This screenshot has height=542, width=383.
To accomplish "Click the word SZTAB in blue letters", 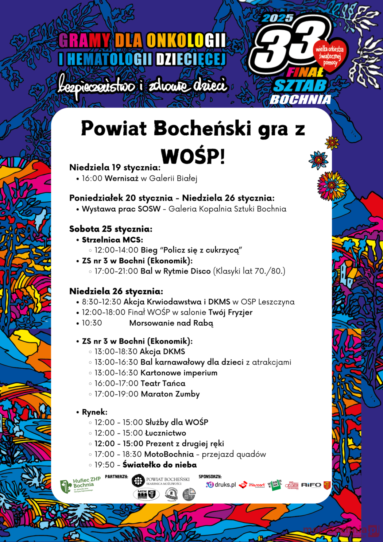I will (x=300, y=86).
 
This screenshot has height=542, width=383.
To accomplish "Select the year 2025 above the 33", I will (x=278, y=18).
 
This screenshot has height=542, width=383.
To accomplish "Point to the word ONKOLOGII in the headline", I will (x=186, y=40).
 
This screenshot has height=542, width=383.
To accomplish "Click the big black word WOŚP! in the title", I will (x=193, y=156).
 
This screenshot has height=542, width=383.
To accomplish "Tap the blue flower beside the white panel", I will (x=318, y=159).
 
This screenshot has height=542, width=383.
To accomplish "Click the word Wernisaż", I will (x=121, y=178).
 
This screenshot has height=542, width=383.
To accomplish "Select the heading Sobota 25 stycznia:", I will (x=111, y=229).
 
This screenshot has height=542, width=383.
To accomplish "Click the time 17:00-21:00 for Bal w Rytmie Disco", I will (x=116, y=271).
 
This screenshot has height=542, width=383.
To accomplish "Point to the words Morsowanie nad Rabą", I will (x=171, y=323).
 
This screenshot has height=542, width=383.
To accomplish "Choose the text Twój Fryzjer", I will (x=230, y=312).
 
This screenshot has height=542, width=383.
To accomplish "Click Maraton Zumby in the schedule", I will (x=170, y=394).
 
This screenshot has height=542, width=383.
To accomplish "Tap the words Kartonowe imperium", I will (x=179, y=373).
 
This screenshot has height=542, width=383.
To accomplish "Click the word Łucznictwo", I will (x=166, y=433).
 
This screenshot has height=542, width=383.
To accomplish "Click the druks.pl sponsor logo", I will (x=221, y=485).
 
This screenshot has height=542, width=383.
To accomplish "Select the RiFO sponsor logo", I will (x=311, y=485).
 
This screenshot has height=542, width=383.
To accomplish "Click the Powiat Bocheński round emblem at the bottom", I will (x=138, y=481).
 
